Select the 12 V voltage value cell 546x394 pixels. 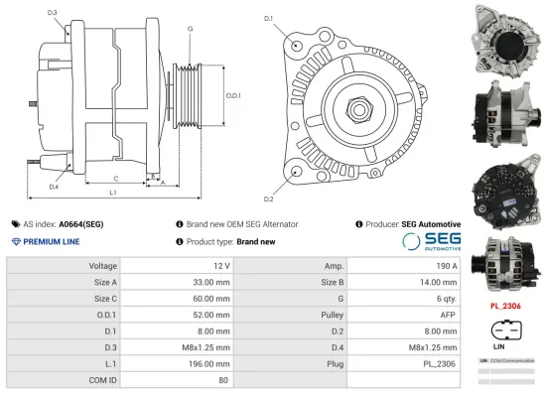click(x=219, y=266)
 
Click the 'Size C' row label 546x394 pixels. click(x=104, y=299)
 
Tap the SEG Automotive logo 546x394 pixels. click(x=431, y=242)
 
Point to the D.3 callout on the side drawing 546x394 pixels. click(x=52, y=13)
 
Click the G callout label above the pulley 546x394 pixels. click(x=189, y=29)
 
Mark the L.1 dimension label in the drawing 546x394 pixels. click(x=112, y=192)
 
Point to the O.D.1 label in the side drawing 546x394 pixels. click(x=234, y=94)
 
